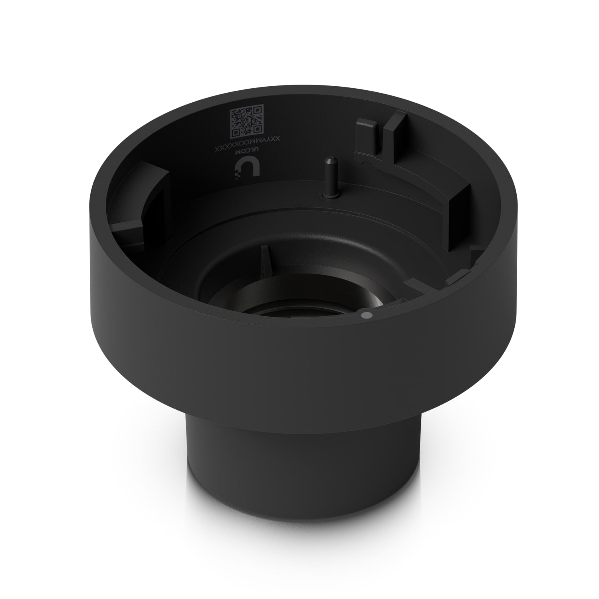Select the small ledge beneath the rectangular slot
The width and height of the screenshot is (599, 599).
459,276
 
